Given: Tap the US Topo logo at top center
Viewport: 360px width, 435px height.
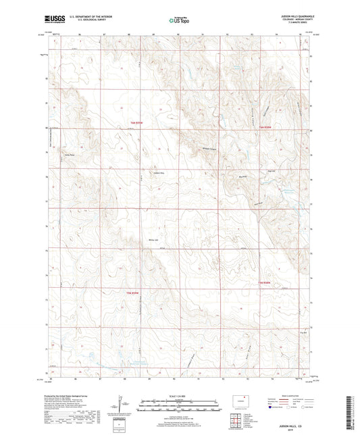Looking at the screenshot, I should (x=179, y=21).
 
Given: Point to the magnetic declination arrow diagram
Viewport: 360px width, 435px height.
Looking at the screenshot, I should (x=122, y=406).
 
